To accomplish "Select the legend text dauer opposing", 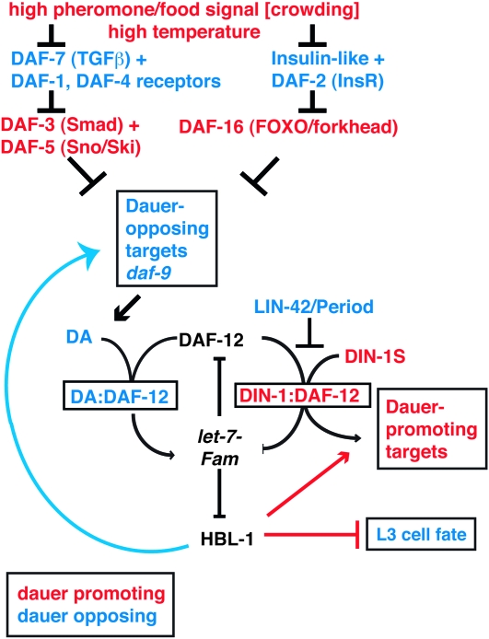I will coord(80,611).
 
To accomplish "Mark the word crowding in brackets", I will coord(410,10).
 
